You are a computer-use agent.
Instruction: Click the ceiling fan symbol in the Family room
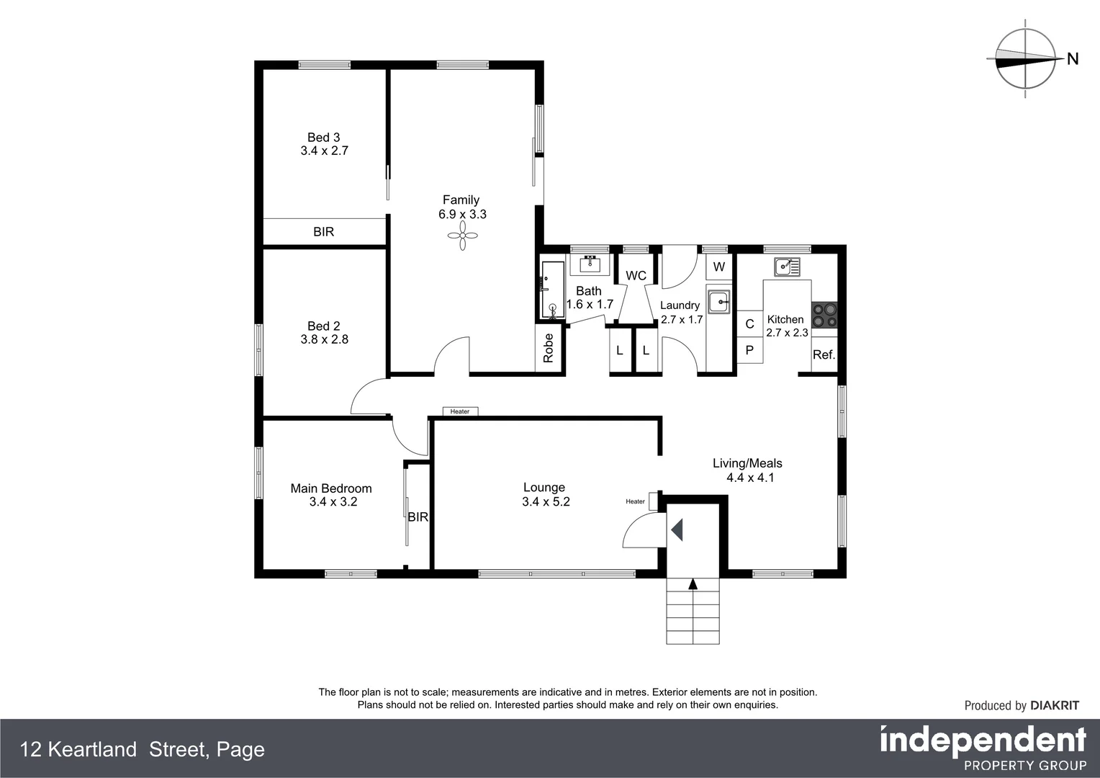pos(463,236)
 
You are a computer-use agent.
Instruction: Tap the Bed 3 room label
pos(324,137)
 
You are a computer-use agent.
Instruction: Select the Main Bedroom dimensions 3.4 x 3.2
pos(333,502)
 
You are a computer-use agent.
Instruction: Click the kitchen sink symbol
pos(787,267)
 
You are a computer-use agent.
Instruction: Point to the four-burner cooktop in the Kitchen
pos(824,315)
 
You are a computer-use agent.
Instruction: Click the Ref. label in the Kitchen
pos(824,355)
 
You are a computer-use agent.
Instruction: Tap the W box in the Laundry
pos(719,267)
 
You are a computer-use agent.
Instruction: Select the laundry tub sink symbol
pos(719,302)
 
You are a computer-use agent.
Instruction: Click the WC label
pos(636,276)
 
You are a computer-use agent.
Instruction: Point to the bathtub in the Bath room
pos(553,290)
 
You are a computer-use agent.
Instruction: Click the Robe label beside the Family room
pos(549,349)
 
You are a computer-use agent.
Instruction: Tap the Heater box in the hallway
pos(460,411)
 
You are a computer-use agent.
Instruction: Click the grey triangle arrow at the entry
pos(677,530)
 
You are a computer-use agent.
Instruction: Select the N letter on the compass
pos(1073,59)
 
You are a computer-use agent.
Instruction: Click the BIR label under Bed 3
pos(324,231)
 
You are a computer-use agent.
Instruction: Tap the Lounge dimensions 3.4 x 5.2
pos(546,502)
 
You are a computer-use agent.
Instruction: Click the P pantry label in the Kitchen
pos(749,350)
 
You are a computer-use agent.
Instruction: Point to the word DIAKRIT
pos(1055,705)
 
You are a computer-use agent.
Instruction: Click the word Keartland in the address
pos(92,749)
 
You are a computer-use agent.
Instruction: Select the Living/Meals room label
pos(747,463)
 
